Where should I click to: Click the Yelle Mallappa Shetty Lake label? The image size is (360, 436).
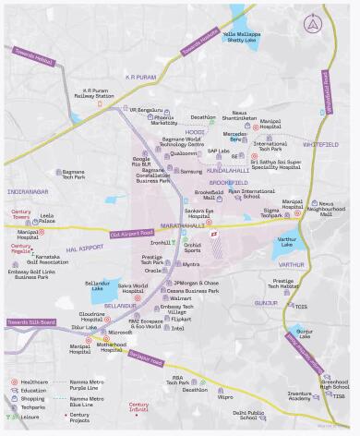[241, 36]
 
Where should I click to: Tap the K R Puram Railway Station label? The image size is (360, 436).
[92, 93]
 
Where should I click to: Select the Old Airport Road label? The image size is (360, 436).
[128, 235]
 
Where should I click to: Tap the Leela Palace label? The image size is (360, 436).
[47, 217]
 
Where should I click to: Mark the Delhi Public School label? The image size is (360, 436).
[250, 415]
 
